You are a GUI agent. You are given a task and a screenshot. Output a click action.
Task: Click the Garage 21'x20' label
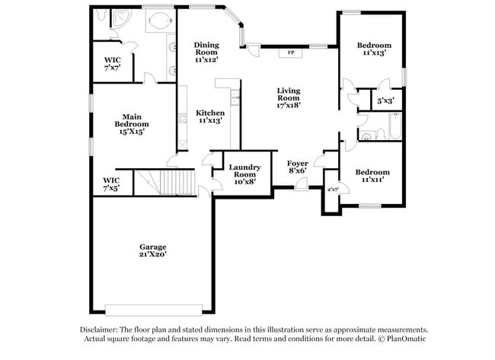click(x=152, y=250)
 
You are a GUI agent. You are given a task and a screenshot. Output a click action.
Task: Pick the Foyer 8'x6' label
click(x=297, y=167)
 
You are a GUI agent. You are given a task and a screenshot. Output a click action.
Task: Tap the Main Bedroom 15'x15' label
click(x=131, y=123)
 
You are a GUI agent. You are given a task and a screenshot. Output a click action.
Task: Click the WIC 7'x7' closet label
click(x=113, y=63)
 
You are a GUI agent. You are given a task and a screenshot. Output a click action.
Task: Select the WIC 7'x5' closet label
click(x=111, y=183)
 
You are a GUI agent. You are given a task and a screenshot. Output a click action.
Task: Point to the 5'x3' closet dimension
click(x=386, y=99)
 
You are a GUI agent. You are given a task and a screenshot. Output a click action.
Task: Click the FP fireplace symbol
click(x=289, y=53)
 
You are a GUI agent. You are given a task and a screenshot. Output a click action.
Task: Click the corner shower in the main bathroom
click(x=121, y=18)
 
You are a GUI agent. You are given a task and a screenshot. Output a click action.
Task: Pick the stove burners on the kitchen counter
click(x=182, y=118)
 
